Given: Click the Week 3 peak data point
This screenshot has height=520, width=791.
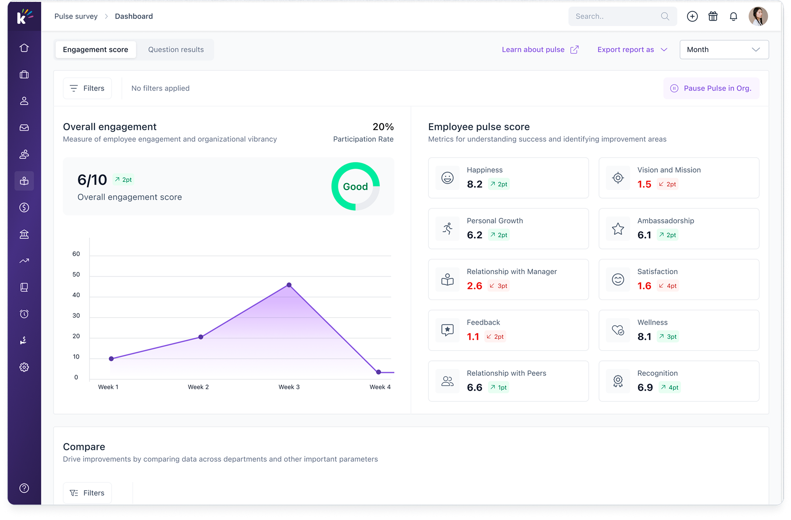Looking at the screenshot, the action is click(x=289, y=285).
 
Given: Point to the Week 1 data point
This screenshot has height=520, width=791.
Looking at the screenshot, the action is click(x=111, y=359).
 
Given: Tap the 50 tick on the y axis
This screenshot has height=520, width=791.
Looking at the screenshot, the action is click(x=76, y=274).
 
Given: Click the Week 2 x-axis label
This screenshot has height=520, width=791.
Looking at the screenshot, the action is click(x=198, y=387).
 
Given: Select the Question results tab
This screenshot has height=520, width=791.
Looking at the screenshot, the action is click(x=176, y=49).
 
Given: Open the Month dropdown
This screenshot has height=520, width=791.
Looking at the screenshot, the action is click(x=724, y=49).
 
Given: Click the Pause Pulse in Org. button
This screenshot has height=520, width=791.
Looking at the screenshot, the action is click(x=711, y=88).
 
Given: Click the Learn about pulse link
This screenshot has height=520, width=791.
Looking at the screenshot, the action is click(x=540, y=49).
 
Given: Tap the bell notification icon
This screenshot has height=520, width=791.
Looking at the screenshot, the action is click(x=733, y=16).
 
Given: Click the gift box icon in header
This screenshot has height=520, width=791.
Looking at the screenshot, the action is click(x=713, y=16).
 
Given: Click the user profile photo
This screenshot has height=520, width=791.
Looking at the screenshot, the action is click(x=758, y=16).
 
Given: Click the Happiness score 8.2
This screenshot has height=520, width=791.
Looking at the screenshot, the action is click(x=474, y=184).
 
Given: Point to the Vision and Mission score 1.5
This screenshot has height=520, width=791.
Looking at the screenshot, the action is click(x=644, y=184).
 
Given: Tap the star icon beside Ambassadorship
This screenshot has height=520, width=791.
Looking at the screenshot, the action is click(x=618, y=229).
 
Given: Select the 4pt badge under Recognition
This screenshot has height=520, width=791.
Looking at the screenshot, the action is click(x=670, y=387).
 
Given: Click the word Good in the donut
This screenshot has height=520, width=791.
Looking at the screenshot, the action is click(x=355, y=186).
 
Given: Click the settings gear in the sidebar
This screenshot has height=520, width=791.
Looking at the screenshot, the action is click(x=24, y=367).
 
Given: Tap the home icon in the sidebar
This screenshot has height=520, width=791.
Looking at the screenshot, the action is click(x=24, y=48).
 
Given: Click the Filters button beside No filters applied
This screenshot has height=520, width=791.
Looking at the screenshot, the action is click(x=87, y=88).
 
